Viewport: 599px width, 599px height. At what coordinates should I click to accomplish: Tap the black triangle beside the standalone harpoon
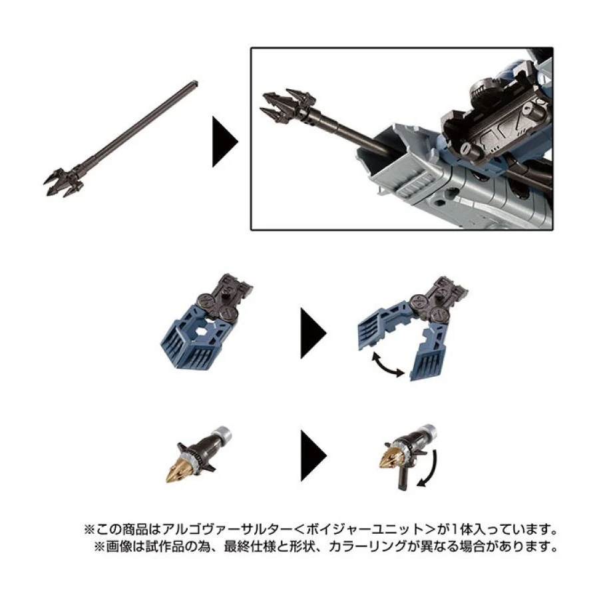pyautogui.click(x=226, y=142)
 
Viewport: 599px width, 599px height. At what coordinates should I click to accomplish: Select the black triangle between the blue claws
pyautogui.click(x=313, y=333)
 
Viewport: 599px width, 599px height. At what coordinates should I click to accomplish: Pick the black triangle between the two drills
pyautogui.click(x=313, y=455)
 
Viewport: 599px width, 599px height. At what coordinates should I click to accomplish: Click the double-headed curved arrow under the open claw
pyautogui.click(x=388, y=365)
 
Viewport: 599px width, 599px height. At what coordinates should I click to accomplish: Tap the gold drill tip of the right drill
pyautogui.click(x=391, y=455)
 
